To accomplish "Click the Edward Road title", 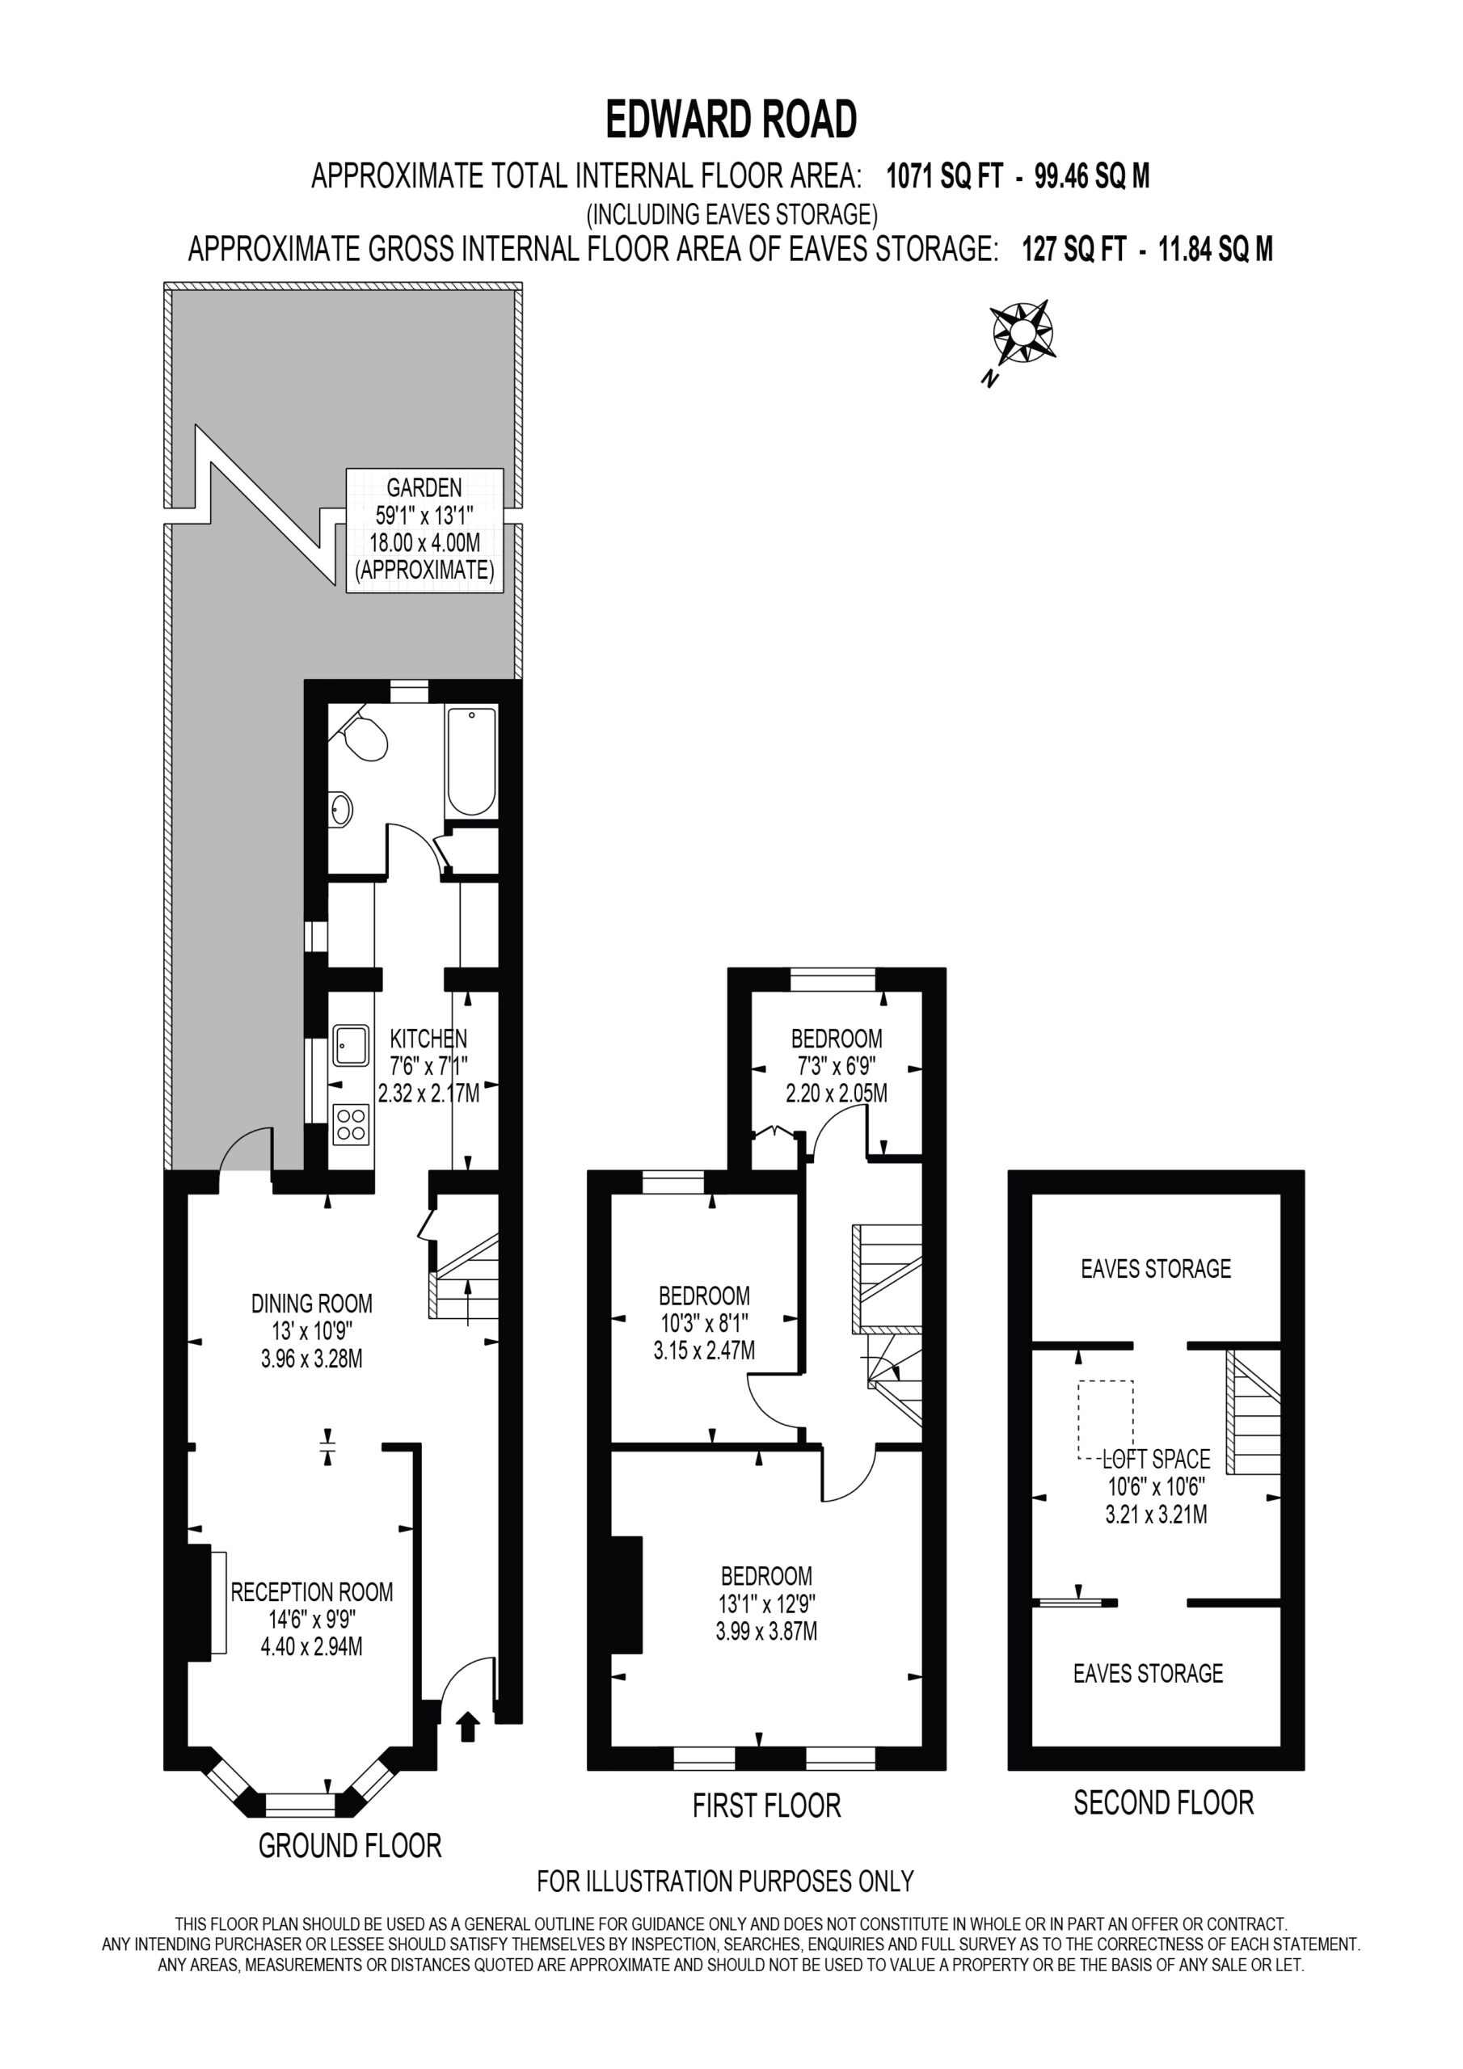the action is click(x=731, y=119).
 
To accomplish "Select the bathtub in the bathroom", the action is click(x=470, y=761).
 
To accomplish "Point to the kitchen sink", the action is click(x=351, y=1045).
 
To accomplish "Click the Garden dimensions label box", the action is click(x=424, y=530).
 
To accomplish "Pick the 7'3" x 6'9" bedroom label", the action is click(x=837, y=1065).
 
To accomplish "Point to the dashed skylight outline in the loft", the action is click(x=1106, y=1419).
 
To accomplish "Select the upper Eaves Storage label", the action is click(x=1156, y=1269).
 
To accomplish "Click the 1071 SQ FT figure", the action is click(x=945, y=175).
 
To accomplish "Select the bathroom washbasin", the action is click(x=339, y=808).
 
